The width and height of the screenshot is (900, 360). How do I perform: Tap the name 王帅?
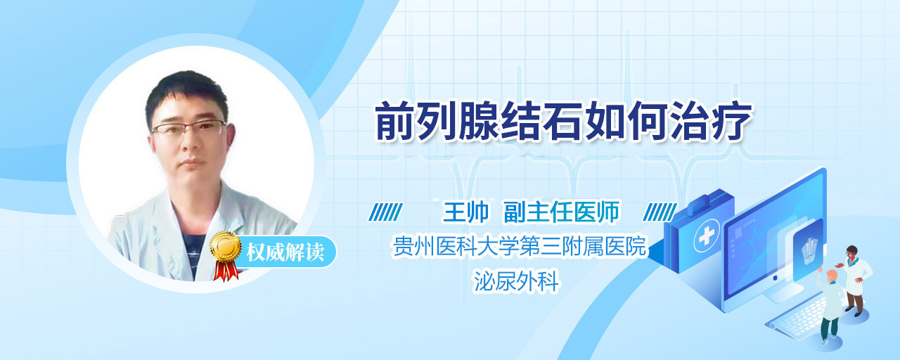[x=465, y=212]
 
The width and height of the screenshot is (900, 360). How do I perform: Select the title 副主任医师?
[x=562, y=212]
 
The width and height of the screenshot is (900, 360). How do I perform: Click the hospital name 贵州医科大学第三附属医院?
[x=520, y=246]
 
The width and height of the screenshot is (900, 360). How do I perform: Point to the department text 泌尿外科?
[x=516, y=281]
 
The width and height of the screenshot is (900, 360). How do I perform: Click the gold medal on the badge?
[x=226, y=246]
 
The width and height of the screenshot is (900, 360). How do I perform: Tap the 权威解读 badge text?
[x=285, y=252]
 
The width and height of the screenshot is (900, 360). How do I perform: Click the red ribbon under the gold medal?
[x=226, y=271]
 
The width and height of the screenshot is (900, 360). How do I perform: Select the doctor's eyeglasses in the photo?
[x=189, y=128]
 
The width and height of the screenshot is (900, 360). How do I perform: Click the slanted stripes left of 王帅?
[x=386, y=212]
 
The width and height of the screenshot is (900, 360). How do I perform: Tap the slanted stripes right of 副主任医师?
[x=660, y=212]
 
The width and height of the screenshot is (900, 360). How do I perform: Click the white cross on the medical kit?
[x=707, y=236]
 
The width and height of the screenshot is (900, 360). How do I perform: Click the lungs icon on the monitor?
[x=809, y=250]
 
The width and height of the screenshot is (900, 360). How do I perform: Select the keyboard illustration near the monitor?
[x=797, y=317]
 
